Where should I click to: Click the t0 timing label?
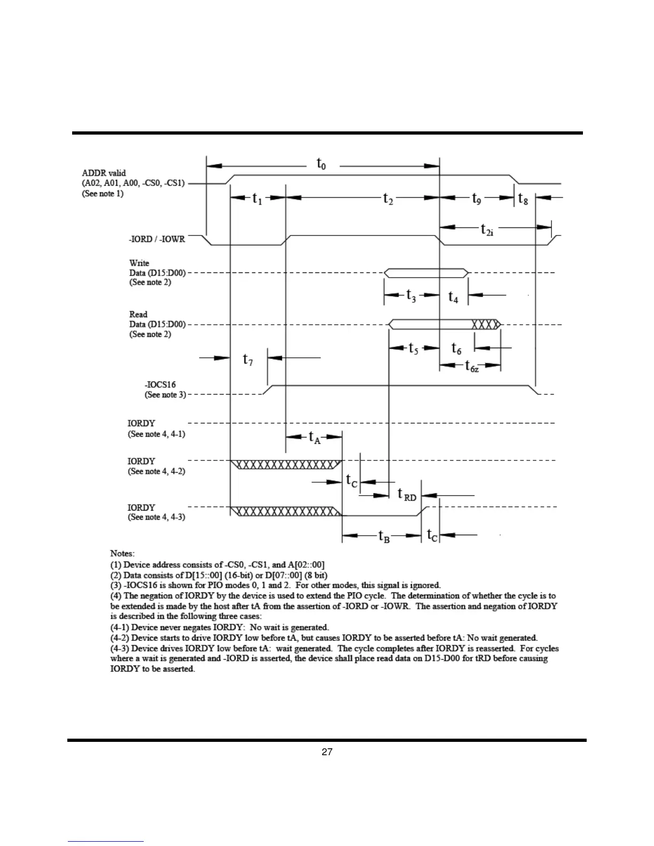tap(321, 164)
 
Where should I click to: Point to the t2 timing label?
tap(388, 199)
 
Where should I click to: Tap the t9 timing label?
tap(476, 199)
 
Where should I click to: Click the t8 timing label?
tap(523, 199)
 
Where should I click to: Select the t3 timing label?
tap(411, 295)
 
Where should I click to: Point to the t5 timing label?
tap(413, 349)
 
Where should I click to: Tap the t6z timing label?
tap(472, 366)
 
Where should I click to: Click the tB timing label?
tap(384, 536)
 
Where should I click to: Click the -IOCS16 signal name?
tap(160, 385)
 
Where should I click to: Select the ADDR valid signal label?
tap(104, 173)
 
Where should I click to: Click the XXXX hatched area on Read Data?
tap(485, 324)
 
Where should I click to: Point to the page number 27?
tap(327, 752)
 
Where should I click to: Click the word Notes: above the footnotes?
tap(122, 553)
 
